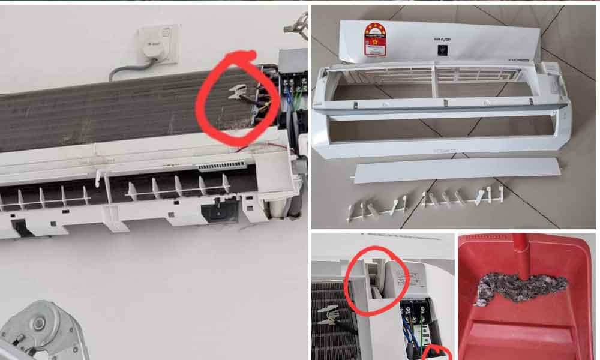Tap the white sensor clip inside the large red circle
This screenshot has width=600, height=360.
click(x=238, y=92)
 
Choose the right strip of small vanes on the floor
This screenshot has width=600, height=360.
click(x=463, y=197)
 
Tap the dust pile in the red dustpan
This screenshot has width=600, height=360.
click(x=521, y=289)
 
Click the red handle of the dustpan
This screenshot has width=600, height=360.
click(x=521, y=252)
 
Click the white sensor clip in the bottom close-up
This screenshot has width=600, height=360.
click(x=330, y=314)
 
